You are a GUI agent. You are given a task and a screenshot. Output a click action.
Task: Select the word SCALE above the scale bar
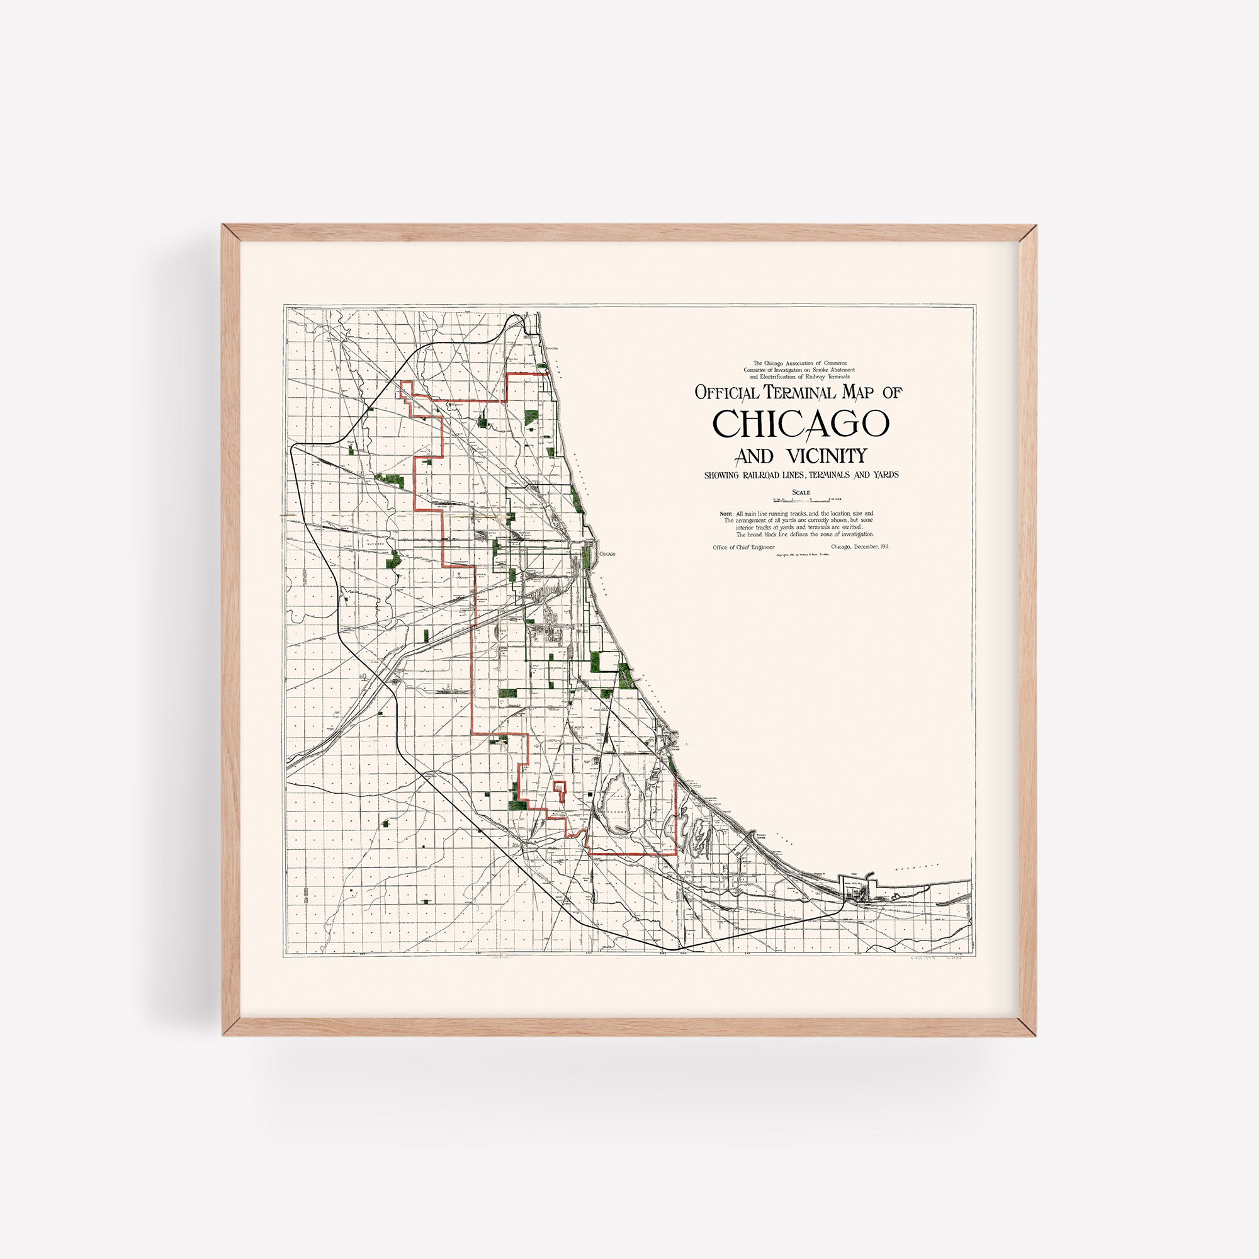(x=801, y=493)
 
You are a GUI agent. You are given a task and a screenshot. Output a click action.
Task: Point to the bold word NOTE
(x=726, y=514)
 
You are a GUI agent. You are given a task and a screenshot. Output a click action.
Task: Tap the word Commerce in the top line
(x=836, y=363)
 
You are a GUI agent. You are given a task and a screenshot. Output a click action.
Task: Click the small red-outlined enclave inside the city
(x=559, y=788)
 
